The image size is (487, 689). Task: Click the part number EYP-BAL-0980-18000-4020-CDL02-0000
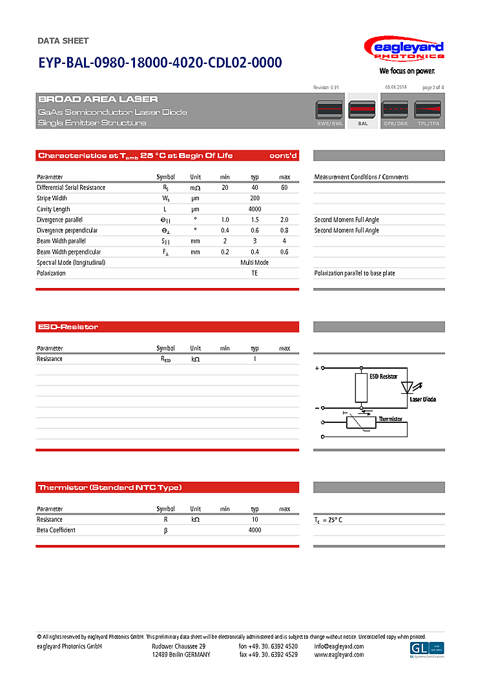tap(160, 63)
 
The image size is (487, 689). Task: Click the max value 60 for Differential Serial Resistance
tap(284, 187)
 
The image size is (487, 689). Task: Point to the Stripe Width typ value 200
tap(255, 198)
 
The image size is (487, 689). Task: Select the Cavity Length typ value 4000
tap(255, 209)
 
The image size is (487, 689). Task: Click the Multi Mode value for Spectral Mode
tap(254, 263)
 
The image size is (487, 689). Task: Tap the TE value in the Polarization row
tap(254, 273)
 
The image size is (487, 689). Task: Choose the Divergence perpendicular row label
tap(67, 231)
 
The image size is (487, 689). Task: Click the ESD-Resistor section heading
tap(68, 327)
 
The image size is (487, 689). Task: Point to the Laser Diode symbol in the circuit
tap(407, 387)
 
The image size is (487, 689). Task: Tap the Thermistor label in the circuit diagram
tap(390, 419)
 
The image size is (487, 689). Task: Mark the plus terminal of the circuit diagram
tap(316, 369)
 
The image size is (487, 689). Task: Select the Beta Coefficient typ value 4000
tap(255, 530)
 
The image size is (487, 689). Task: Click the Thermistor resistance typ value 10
tap(255, 519)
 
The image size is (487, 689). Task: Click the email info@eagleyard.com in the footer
tap(339, 646)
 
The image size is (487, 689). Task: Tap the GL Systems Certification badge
tap(427, 650)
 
